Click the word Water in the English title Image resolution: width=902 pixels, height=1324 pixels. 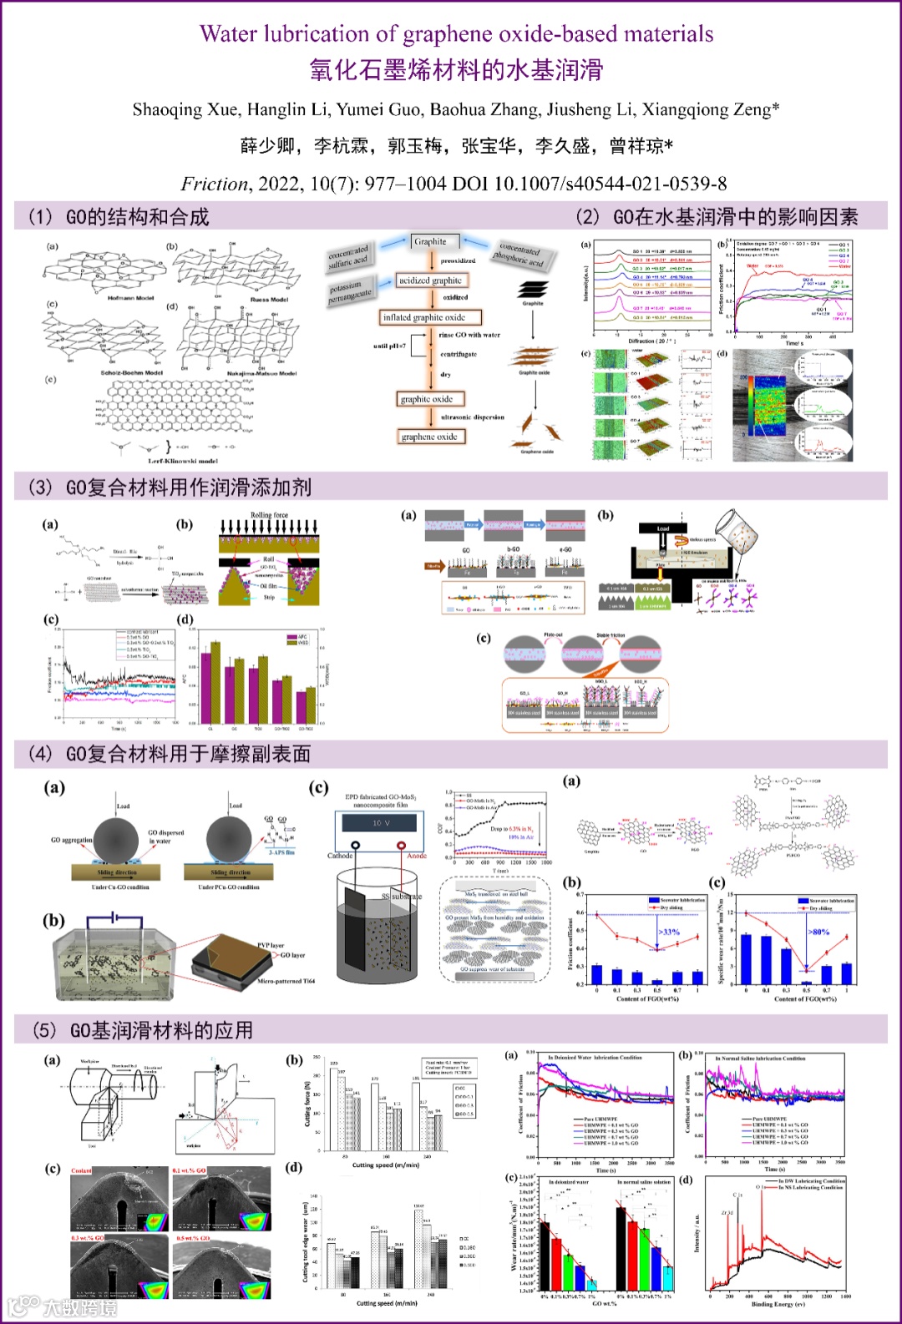(x=229, y=34)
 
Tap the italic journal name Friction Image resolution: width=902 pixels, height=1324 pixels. (x=215, y=184)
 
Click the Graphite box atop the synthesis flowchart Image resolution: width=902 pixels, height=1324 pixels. (x=430, y=242)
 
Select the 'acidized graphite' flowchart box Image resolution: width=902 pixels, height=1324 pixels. (x=430, y=280)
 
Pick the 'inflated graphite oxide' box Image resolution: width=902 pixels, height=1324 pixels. (x=423, y=317)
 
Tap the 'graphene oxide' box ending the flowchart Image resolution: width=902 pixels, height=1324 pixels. (x=429, y=437)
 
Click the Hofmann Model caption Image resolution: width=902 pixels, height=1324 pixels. (x=131, y=298)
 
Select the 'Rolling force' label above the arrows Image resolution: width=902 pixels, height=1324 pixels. (x=269, y=515)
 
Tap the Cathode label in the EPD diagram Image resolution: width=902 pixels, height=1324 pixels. (x=340, y=856)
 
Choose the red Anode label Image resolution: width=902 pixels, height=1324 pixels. (x=417, y=856)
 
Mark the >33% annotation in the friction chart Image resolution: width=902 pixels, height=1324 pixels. (x=669, y=932)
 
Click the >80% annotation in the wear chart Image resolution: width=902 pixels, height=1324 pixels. (x=818, y=932)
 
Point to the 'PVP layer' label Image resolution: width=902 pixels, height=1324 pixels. (x=271, y=946)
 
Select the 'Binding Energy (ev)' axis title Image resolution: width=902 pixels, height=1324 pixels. (x=778, y=1304)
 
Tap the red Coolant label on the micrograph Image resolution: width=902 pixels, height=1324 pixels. (x=82, y=1171)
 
